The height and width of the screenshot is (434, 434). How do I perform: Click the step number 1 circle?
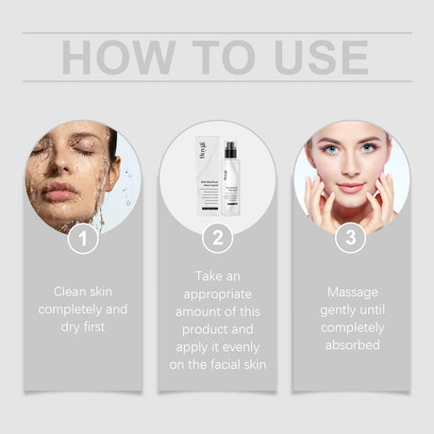pyautogui.click(x=83, y=238)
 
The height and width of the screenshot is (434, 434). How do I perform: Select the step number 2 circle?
pyautogui.click(x=217, y=238)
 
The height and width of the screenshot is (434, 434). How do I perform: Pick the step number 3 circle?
pyautogui.click(x=351, y=238)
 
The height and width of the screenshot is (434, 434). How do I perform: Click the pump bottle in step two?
pyautogui.click(x=230, y=179)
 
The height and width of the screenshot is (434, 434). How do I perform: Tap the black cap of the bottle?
pyautogui.click(x=230, y=150)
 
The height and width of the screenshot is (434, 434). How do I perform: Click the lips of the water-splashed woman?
pyautogui.click(x=59, y=193)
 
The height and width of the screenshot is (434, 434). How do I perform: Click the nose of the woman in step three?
pyautogui.click(x=350, y=168)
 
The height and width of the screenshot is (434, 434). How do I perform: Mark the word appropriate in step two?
pyautogui.click(x=217, y=293)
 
